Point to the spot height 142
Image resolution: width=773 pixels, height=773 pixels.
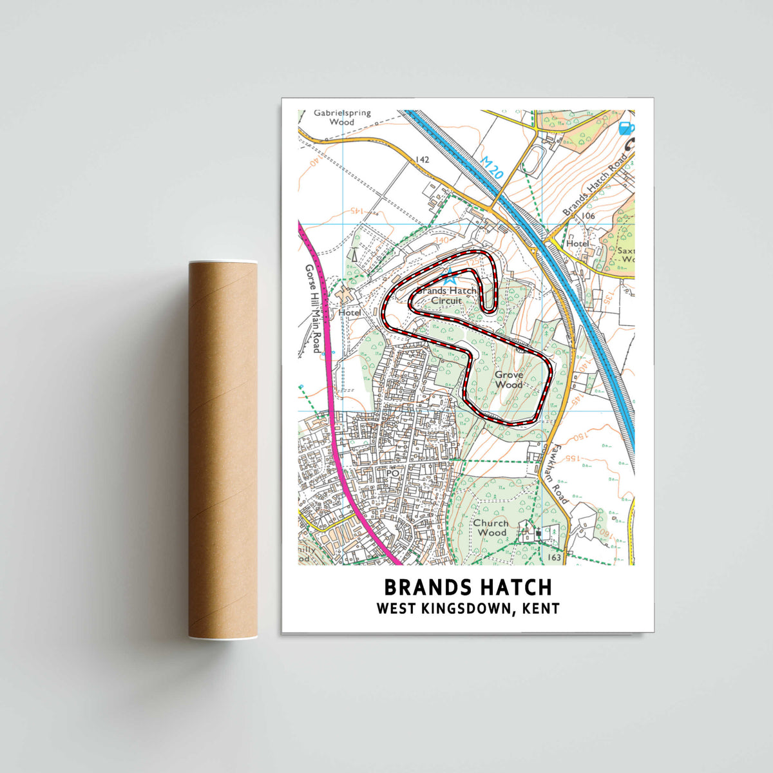click(x=422, y=160)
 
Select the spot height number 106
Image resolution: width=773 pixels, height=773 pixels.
click(x=587, y=216)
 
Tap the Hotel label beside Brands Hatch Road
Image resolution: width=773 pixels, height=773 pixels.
click(x=577, y=244)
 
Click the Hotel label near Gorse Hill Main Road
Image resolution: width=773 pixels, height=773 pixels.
click(x=350, y=312)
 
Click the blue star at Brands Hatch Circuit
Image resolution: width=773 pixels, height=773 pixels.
click(x=450, y=280)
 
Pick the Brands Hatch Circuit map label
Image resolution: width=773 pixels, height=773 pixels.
click(x=446, y=296)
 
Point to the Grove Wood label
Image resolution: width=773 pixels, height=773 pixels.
click(x=509, y=379)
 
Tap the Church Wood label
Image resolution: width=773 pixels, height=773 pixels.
click(x=491, y=528)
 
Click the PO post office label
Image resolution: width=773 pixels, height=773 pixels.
click(x=392, y=473)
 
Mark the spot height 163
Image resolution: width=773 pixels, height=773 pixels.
click(x=554, y=557)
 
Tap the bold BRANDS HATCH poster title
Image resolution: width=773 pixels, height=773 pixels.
click(x=468, y=587)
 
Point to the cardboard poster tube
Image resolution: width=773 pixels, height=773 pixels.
click(x=222, y=449)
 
